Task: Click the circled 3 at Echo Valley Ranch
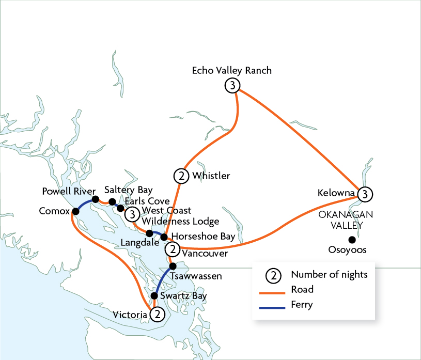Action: (x=233, y=86)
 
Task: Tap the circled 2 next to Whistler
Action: (x=181, y=176)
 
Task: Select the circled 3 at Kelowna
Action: (x=365, y=194)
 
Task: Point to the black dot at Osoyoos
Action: (x=352, y=239)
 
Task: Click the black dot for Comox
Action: (x=76, y=211)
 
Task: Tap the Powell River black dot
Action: (x=96, y=199)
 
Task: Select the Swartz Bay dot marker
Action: (x=154, y=296)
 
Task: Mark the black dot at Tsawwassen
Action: (x=173, y=267)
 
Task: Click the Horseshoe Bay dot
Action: (x=164, y=237)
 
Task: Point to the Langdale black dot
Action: (x=150, y=233)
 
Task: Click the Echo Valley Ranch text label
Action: (x=231, y=70)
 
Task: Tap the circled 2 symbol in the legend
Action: (x=274, y=275)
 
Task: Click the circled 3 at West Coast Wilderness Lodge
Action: (x=133, y=214)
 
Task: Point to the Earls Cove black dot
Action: (x=121, y=208)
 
